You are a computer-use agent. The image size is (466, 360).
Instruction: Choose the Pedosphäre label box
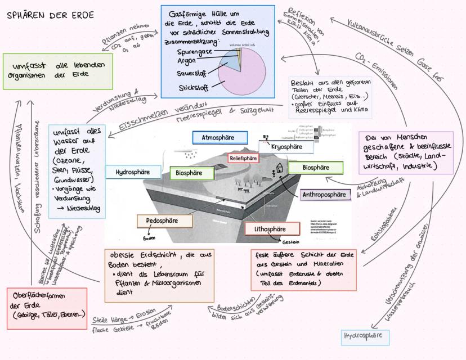pos(161,221)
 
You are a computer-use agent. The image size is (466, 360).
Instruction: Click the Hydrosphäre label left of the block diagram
pos(131,172)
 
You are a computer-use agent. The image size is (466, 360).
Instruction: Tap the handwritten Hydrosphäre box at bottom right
pos(366,337)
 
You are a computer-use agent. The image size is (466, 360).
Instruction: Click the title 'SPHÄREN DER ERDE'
pos(43,15)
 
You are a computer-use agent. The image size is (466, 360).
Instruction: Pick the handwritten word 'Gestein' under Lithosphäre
pos(291,242)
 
